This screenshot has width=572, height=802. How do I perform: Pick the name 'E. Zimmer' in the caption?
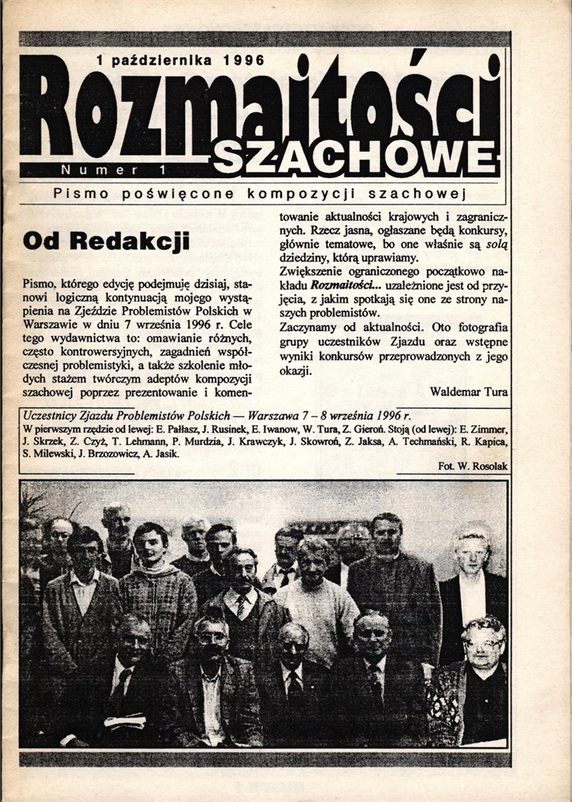point(482,428)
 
